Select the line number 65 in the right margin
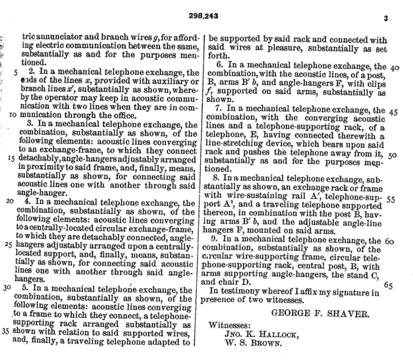(x=387, y=285)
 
